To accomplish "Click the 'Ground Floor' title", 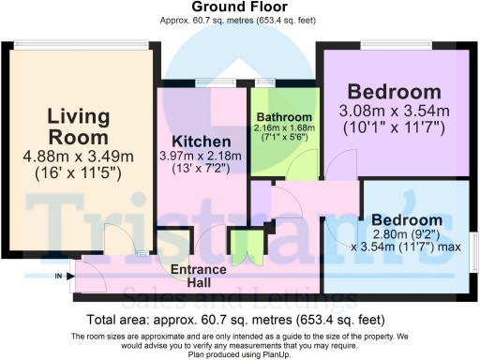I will pos(239,7).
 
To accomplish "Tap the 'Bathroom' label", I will pos(285,118).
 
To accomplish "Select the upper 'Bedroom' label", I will pos(394,92).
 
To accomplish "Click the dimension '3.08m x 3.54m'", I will pos(394,112).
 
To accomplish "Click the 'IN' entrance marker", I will pos(59,276).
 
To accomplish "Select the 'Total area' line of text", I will pos(239,319).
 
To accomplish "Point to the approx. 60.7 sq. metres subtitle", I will pos(239,20).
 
